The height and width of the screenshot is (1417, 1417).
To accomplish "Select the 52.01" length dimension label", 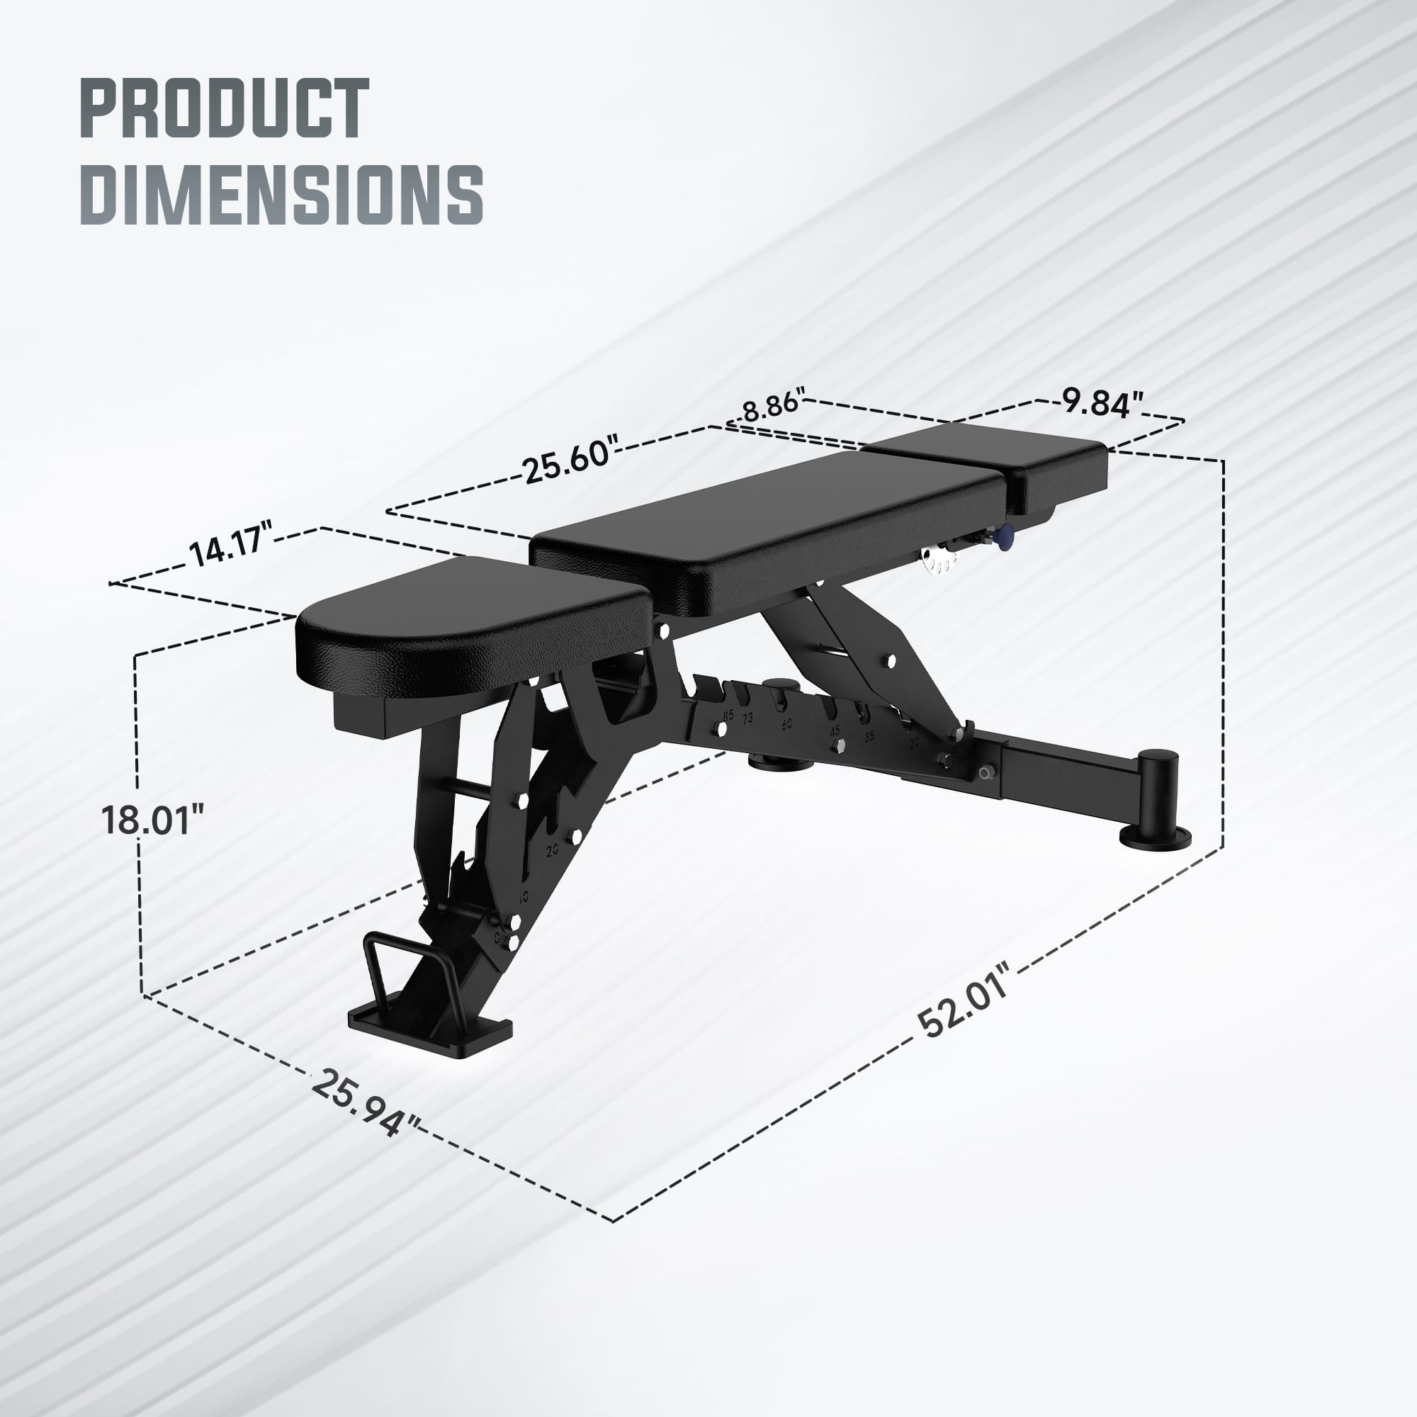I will tap(963, 1001).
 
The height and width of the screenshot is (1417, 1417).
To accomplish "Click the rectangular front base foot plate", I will tap(429, 1027).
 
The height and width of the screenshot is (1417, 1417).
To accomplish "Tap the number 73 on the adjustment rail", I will tap(747, 718).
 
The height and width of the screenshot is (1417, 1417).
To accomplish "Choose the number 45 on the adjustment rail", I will tap(835, 731).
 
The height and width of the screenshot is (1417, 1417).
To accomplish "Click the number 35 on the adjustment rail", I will tap(869, 736).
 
